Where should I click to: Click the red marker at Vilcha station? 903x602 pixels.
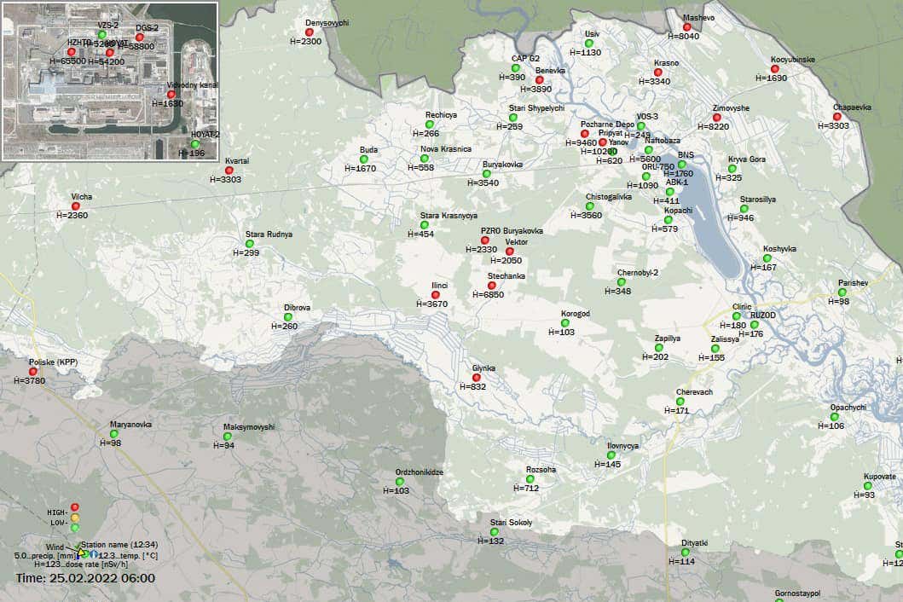click(x=76, y=205)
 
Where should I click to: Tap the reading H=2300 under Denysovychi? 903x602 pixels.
click(x=311, y=41)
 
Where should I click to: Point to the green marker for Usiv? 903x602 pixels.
click(x=588, y=43)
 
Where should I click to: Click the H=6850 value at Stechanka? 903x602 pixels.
click(x=489, y=294)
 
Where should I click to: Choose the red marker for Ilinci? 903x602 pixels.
click(x=436, y=295)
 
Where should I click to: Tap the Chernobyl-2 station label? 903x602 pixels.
click(x=638, y=273)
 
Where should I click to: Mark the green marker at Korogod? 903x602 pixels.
click(x=565, y=323)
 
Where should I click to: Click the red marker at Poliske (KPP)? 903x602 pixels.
click(x=33, y=372)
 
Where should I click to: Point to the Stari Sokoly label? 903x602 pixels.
click(x=511, y=522)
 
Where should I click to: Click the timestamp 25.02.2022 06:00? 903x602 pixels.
click(x=85, y=578)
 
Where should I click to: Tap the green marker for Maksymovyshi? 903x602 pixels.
click(x=228, y=437)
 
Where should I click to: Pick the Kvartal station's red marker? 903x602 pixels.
click(x=229, y=171)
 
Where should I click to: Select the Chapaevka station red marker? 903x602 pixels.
click(x=836, y=117)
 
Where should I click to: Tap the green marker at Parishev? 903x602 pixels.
click(x=842, y=292)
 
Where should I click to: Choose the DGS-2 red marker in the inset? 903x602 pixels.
click(x=140, y=38)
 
